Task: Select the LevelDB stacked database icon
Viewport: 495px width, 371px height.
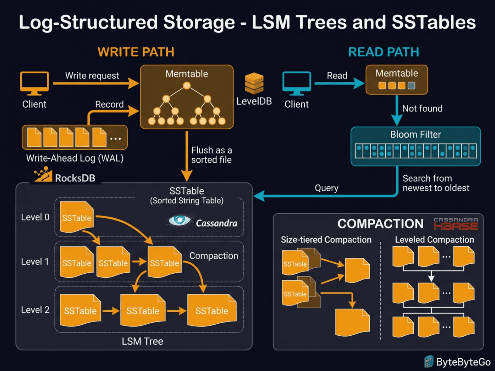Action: (254, 83)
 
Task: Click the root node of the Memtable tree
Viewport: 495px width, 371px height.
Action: (187, 86)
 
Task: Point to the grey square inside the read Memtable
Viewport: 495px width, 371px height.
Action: (411, 86)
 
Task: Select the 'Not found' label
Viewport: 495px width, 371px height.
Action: (422, 109)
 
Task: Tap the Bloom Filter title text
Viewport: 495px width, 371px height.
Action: (415, 134)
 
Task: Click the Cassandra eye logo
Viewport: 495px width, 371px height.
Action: (179, 220)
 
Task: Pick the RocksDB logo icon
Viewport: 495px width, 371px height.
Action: (43, 175)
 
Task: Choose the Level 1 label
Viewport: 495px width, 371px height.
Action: (35, 262)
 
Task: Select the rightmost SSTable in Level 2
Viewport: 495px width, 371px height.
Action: (212, 310)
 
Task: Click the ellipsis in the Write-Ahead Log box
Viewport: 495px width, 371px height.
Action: (115, 139)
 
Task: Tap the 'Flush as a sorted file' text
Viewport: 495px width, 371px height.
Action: (211, 155)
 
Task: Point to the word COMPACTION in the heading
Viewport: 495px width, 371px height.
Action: (380, 224)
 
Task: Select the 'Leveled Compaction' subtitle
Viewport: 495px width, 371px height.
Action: (434, 240)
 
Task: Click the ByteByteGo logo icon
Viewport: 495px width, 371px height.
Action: (429, 362)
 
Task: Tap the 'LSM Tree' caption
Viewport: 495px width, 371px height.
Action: (142, 341)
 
